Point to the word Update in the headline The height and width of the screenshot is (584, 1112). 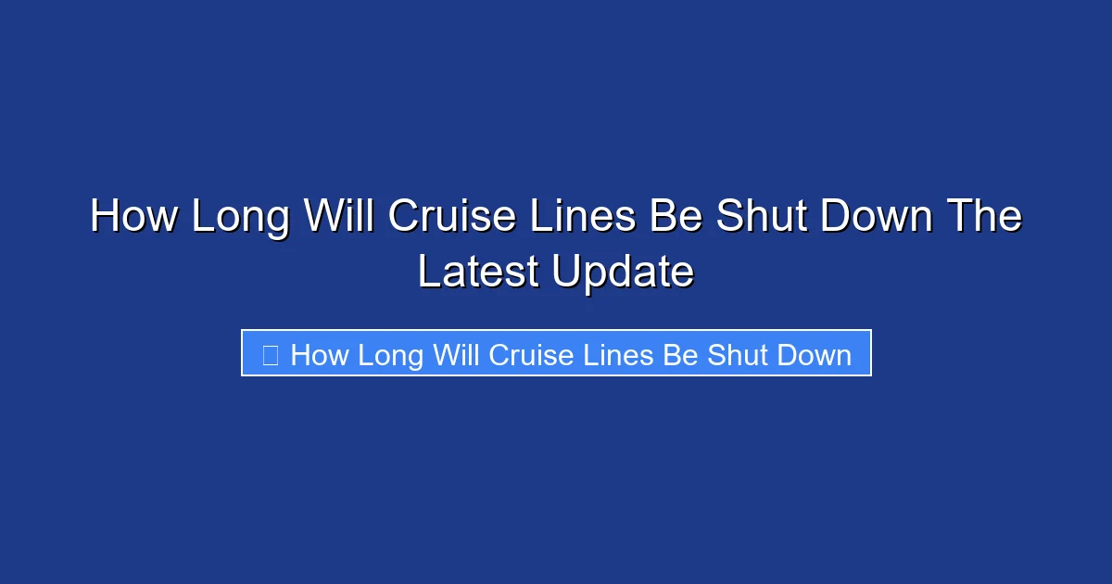point(623,273)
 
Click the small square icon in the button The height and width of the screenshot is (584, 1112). point(270,354)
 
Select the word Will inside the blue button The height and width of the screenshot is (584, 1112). point(456,355)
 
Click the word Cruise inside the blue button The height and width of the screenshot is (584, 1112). point(531,355)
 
